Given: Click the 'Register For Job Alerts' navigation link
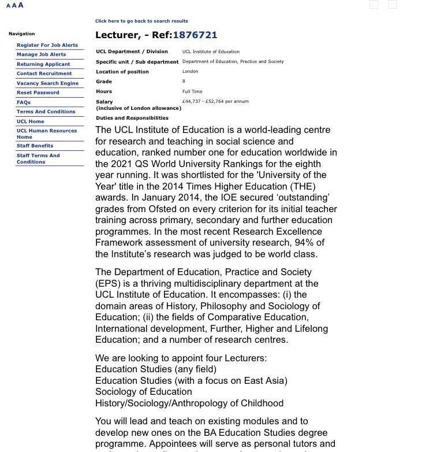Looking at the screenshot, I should (x=47, y=45).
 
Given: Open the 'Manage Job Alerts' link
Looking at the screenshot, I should (x=41, y=54).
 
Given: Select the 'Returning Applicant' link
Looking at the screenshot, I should (x=43, y=64).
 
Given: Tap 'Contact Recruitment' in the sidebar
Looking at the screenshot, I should (x=44, y=73).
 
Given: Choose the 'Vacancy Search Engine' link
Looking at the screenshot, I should (x=47, y=83).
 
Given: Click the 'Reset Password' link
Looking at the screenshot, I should (x=38, y=92).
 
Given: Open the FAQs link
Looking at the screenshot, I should (x=24, y=102).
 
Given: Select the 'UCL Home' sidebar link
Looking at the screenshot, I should (x=30, y=121).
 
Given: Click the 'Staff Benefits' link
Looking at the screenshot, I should (x=35, y=146).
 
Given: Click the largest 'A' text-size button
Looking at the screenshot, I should (x=21, y=5).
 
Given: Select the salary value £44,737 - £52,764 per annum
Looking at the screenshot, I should (x=215, y=101).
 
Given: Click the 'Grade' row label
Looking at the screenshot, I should (x=104, y=81).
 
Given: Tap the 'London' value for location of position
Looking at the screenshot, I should (x=190, y=72).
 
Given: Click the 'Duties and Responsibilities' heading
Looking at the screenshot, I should (x=132, y=118).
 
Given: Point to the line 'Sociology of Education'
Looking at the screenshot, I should (x=144, y=391).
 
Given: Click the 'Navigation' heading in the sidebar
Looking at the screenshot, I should (x=21, y=34).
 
